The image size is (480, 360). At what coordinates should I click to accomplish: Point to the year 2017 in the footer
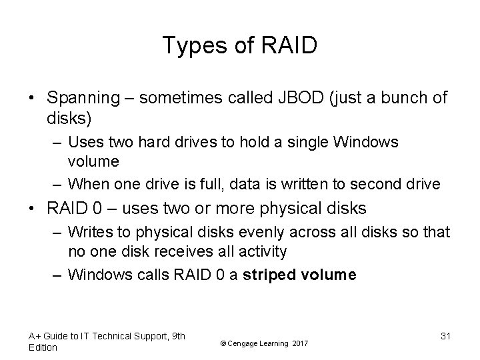pos(300,343)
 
